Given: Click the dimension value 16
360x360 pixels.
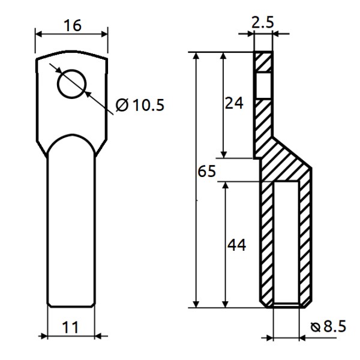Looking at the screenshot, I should [x=71, y=25].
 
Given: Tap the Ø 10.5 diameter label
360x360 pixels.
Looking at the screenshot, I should [x=140, y=106].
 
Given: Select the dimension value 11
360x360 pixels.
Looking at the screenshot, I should [x=71, y=327].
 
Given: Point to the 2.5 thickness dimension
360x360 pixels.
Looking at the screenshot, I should [x=263, y=23].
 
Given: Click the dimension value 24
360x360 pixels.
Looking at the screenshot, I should [x=234, y=103].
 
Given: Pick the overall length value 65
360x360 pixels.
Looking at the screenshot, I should [x=206, y=172].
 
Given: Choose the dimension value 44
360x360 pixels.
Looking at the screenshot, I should [x=236, y=245].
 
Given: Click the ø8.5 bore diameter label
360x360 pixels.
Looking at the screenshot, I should [x=330, y=327].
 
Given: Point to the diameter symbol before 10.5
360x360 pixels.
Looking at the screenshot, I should [x=122, y=106].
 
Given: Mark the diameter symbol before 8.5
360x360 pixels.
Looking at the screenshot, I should [x=316, y=328].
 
